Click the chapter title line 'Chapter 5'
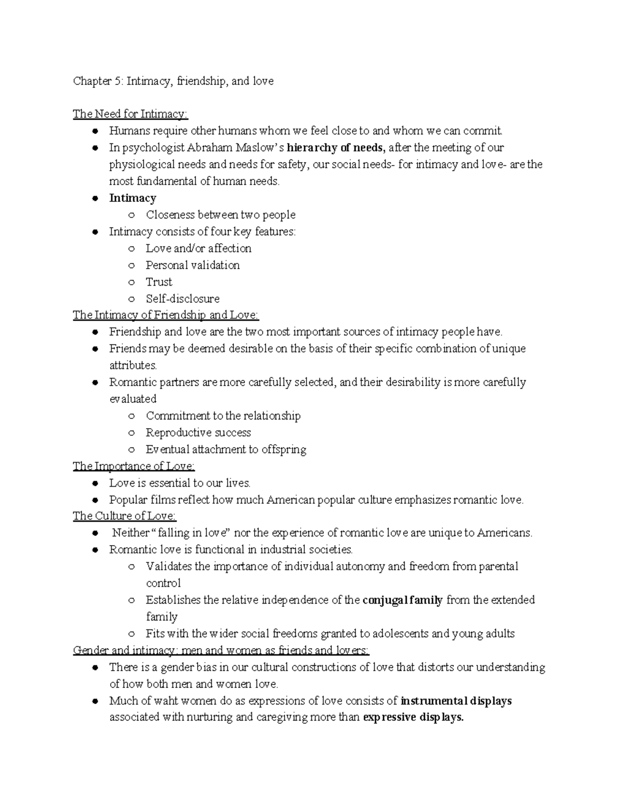pyautogui.click(x=173, y=81)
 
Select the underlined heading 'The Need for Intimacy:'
pyautogui.click(x=130, y=114)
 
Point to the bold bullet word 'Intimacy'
pyautogui.click(x=132, y=198)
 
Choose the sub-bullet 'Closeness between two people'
pyautogui.click(x=220, y=215)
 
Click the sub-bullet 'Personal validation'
pyautogui.click(x=193, y=265)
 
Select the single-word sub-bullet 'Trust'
pyautogui.click(x=159, y=282)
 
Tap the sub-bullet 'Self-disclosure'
pyautogui.click(x=183, y=299)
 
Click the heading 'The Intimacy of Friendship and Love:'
pyautogui.click(x=166, y=315)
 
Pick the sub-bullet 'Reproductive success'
pyautogui.click(x=198, y=433)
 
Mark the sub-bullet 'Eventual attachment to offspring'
pyautogui.click(x=226, y=449)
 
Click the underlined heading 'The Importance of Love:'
pyautogui.click(x=134, y=466)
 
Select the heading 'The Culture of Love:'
pyautogui.click(x=125, y=516)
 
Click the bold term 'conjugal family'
pyautogui.click(x=403, y=600)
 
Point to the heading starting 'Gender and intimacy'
pyautogui.click(x=221, y=650)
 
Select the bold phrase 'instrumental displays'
pyautogui.click(x=456, y=701)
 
